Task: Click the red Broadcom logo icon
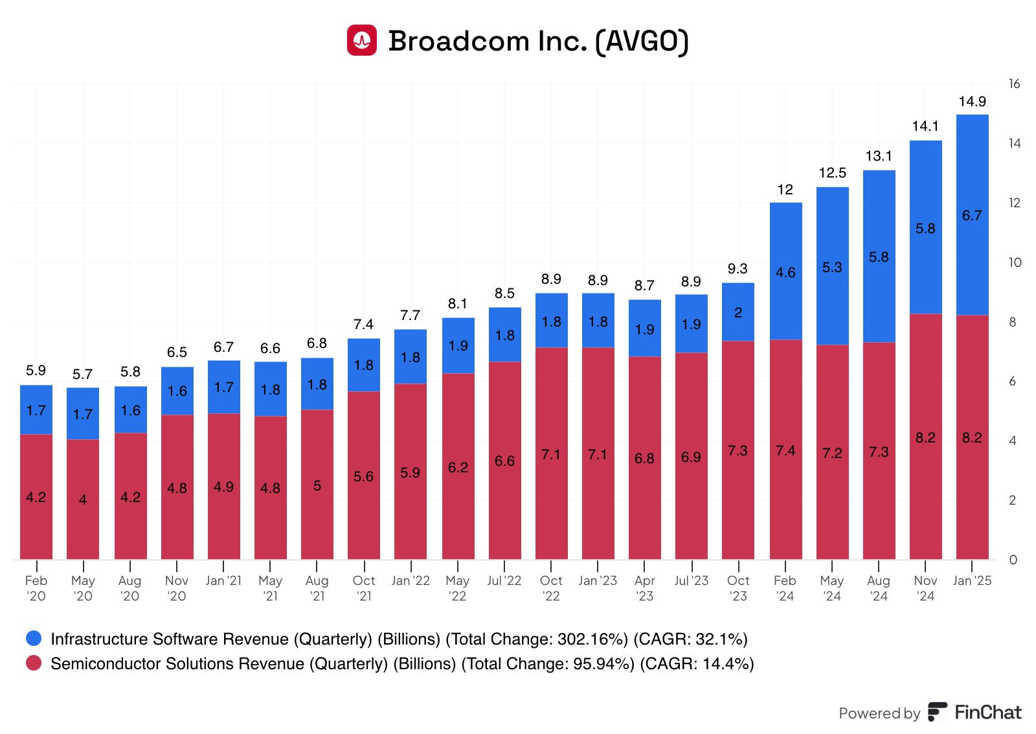361,40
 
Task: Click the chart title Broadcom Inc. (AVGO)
538,41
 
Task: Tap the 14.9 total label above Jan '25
972,102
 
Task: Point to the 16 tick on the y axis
1014,84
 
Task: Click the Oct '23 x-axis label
738,588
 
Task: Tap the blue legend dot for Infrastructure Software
34,639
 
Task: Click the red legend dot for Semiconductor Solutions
34,663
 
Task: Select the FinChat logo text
987,713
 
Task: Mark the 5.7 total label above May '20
82,374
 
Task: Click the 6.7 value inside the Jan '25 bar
972,216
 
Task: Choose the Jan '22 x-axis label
411,581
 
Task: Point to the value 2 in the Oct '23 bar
738,313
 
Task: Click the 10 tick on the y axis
1015,262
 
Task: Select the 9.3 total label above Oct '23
738,269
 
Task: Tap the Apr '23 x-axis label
644,588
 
